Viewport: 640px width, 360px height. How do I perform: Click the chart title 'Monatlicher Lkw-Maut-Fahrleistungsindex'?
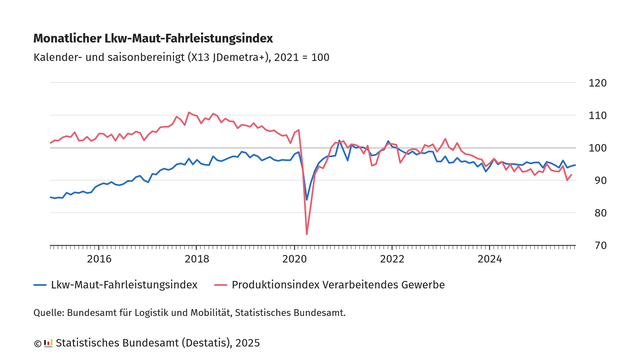pos(153,38)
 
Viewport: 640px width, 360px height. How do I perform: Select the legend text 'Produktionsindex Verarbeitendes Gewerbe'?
pos(338,285)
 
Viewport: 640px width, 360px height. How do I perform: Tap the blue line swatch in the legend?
pos(41,285)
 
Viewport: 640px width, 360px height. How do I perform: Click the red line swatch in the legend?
pos(218,285)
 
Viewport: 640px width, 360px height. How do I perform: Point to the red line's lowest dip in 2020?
pos(306,234)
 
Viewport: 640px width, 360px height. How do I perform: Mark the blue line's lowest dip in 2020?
pos(306,199)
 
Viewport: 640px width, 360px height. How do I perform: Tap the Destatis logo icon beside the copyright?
pos(48,343)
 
